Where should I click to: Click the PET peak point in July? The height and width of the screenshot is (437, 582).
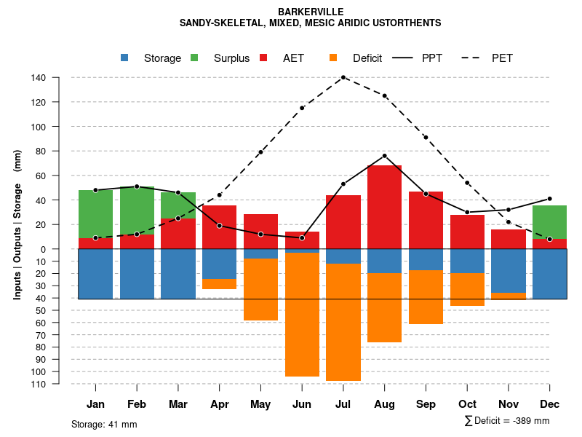343,77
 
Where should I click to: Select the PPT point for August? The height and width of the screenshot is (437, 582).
385,156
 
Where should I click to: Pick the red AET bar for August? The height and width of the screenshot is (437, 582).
385,207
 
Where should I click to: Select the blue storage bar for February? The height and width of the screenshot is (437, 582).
137,274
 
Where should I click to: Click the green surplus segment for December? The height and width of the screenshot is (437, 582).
549,222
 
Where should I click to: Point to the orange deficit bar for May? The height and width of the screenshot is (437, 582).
260,289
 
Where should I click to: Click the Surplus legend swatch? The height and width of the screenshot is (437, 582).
195,58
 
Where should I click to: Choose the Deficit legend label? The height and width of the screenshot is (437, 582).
367,58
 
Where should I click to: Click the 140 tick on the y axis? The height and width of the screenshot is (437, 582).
39,78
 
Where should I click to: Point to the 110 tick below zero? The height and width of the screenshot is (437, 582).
39,383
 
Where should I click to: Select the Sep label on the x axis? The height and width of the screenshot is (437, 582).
426,404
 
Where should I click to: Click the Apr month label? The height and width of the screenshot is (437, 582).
220,404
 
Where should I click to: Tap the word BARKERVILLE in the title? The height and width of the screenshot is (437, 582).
311,12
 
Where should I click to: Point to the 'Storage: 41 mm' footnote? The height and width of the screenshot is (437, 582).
104,424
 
